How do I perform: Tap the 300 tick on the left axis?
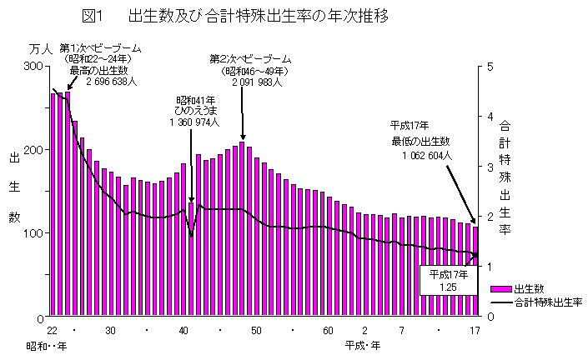pyautogui.click(x=36, y=66)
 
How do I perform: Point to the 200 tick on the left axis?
pyautogui.click(x=36, y=150)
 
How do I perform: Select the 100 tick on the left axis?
pyautogui.click(x=36, y=232)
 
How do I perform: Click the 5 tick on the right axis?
pyautogui.click(x=491, y=66)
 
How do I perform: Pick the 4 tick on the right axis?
pyautogui.click(x=491, y=116)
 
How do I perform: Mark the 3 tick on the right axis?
pyautogui.click(x=491, y=166)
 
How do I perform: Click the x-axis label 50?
pyautogui.click(x=257, y=330)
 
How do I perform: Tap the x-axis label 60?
pyautogui.click(x=328, y=330)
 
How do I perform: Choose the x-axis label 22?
pyautogui.click(x=52, y=330)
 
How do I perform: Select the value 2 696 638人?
pyautogui.click(x=111, y=82)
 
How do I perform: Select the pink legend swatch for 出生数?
pyautogui.click(x=501, y=287)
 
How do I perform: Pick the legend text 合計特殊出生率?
pyautogui.click(x=548, y=301)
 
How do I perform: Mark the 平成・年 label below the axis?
pyautogui.click(x=364, y=344)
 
